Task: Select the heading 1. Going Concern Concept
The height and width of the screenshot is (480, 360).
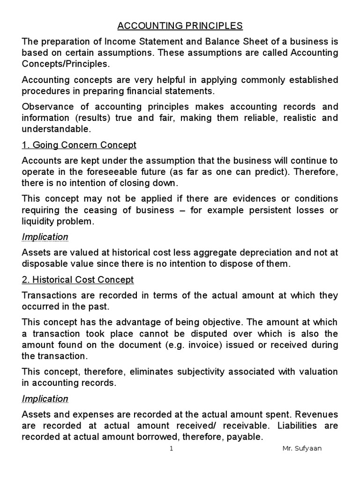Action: click(79, 145)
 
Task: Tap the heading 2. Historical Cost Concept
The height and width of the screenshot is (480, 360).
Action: click(78, 280)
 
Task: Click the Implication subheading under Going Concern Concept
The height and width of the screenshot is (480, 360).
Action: click(45, 237)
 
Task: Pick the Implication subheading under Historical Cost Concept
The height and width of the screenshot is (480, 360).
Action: click(45, 399)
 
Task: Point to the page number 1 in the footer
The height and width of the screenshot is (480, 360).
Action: click(172, 449)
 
